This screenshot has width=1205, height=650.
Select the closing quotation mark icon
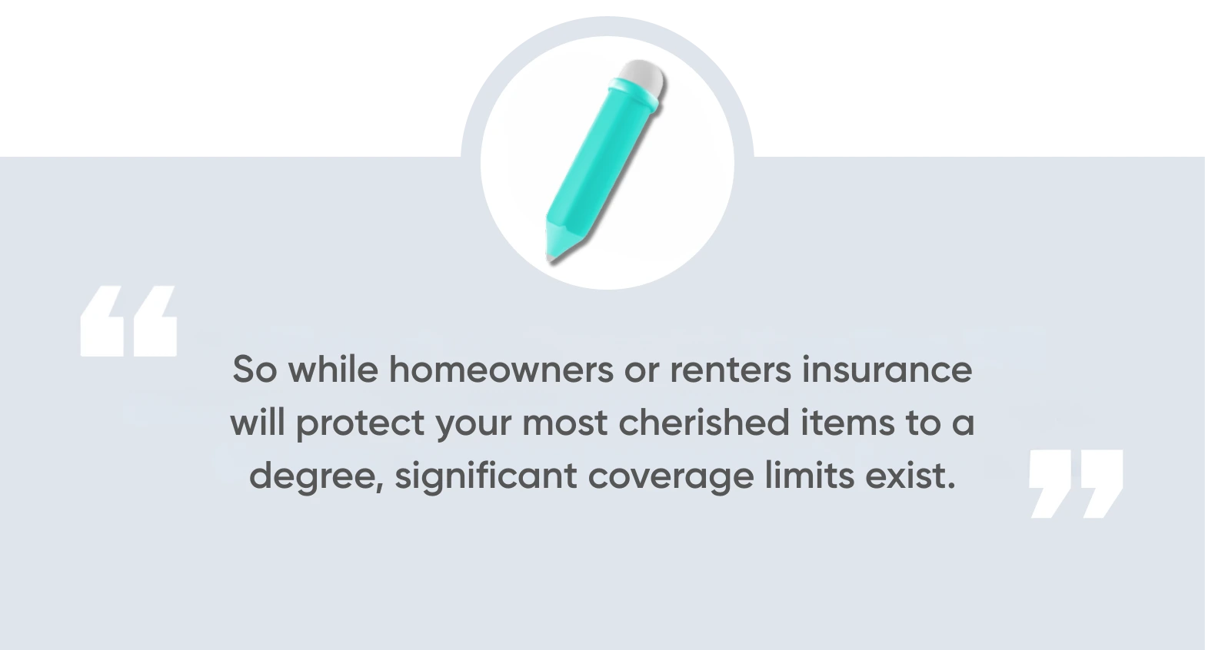[1076, 483]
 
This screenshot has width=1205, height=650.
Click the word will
[258, 423]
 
